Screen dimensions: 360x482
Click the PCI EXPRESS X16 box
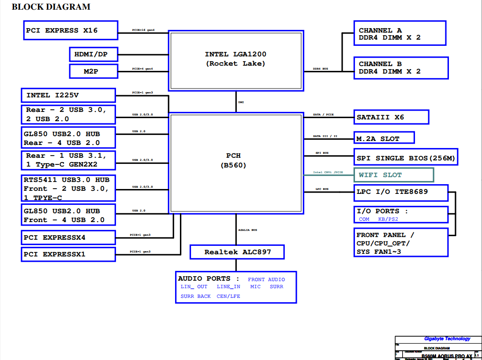point(71,30)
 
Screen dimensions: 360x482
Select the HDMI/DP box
point(93,55)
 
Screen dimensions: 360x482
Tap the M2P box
point(93,71)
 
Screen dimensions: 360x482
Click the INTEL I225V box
point(68,95)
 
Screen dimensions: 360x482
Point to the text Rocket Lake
point(235,63)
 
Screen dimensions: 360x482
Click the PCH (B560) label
point(233,161)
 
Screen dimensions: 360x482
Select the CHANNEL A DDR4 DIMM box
point(400,33)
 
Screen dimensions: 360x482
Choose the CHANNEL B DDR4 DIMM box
point(401,67)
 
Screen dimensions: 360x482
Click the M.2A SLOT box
point(384,138)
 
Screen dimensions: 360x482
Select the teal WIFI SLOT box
point(394,175)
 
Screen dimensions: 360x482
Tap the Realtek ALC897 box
point(237,252)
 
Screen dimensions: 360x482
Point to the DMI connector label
point(241,102)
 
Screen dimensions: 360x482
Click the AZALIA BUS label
point(248,230)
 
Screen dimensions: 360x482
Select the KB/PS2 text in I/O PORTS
point(388,219)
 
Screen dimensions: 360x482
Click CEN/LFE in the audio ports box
point(228,296)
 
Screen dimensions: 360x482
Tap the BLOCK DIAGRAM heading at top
point(51,7)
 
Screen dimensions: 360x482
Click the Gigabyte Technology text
point(447,339)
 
